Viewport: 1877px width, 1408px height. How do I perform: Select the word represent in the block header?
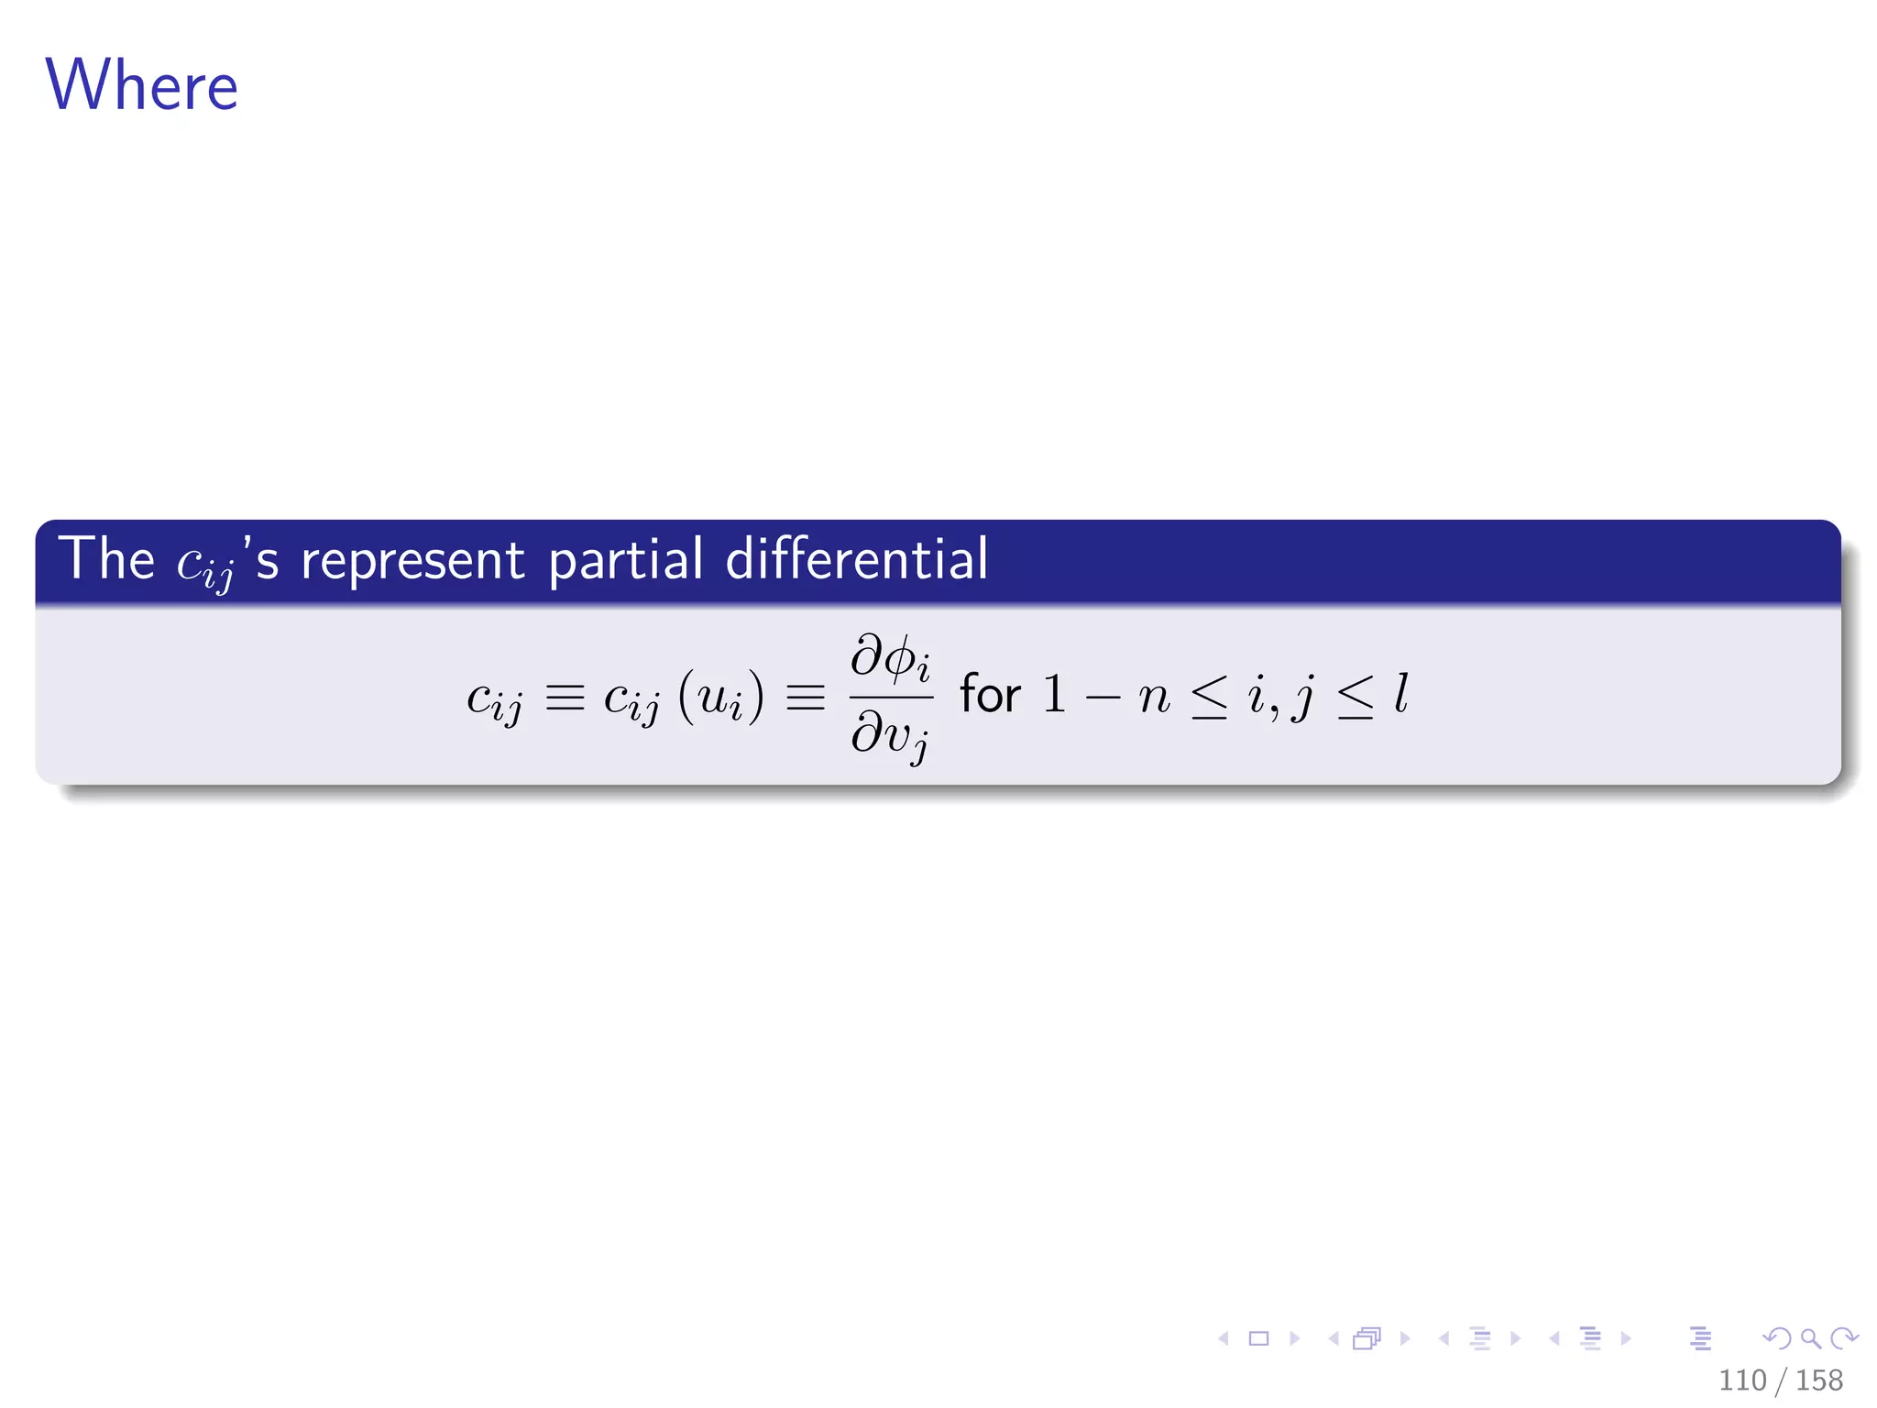tap(412, 560)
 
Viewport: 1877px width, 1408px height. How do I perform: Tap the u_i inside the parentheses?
tap(720, 698)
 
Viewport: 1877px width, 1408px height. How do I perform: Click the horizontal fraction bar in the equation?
tap(891, 698)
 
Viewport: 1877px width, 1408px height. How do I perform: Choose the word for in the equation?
tap(990, 694)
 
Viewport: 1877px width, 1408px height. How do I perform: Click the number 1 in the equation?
tap(1054, 694)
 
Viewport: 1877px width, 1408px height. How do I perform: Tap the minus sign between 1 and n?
tap(1103, 698)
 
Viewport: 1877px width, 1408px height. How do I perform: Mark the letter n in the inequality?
tap(1154, 698)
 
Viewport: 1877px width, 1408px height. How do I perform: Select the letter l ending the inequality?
tap(1400, 694)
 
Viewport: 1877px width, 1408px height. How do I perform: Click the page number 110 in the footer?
tap(1742, 1380)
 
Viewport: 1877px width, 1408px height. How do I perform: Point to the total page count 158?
tap(1818, 1380)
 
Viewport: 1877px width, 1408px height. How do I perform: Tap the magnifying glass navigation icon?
tap(1810, 1338)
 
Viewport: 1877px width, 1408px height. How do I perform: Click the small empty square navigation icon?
tap(1259, 1338)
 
